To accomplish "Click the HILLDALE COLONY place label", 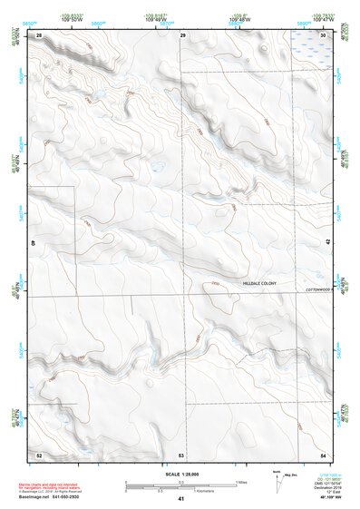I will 258,284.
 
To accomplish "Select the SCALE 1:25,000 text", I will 180,475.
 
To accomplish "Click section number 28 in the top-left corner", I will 39,34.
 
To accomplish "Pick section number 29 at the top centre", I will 183,34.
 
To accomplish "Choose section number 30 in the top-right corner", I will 324,34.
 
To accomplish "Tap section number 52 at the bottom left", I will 39,454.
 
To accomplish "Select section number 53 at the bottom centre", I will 181,454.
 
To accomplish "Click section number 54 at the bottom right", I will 324,454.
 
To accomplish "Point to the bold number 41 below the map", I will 181,499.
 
